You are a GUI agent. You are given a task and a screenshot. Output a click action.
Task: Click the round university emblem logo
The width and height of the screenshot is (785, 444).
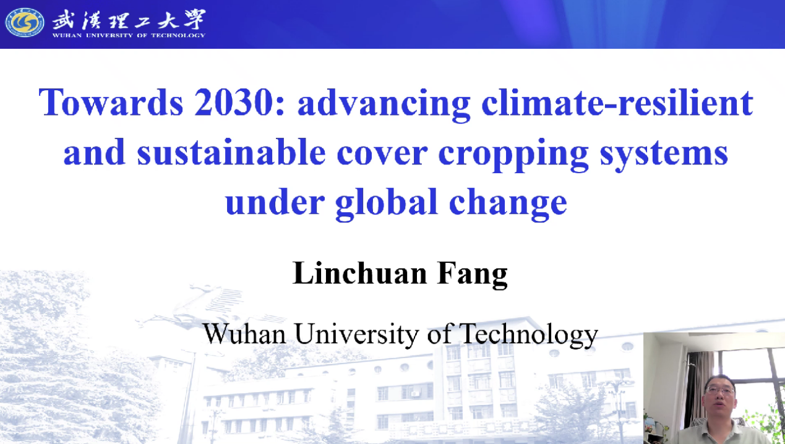tap(25, 23)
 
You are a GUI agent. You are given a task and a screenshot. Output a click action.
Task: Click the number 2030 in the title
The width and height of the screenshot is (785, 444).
tap(234, 102)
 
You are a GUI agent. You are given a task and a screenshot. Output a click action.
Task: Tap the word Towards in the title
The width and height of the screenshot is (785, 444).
tap(111, 102)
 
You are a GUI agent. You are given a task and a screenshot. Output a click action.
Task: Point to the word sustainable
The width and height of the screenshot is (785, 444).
tap(231, 153)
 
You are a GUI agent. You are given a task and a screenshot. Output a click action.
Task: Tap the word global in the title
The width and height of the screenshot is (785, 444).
tap(386, 204)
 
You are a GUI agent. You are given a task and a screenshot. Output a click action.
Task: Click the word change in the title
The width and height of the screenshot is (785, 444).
tap(508, 204)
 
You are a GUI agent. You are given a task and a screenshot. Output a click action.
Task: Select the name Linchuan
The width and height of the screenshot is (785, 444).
tap(359, 273)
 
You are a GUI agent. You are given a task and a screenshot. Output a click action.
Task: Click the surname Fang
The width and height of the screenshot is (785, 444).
tap(473, 275)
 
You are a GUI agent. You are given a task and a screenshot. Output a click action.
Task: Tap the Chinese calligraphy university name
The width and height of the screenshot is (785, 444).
tap(129, 20)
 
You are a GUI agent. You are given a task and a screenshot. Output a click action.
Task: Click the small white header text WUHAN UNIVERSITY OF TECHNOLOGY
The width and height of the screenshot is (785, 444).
tap(129, 35)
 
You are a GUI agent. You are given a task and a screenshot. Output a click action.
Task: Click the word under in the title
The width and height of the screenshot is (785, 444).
tap(275, 202)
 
